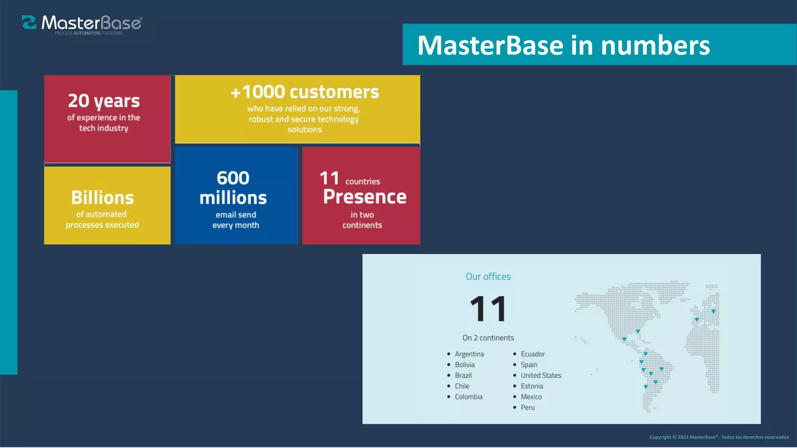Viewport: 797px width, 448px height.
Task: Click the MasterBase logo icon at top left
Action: pos(29,23)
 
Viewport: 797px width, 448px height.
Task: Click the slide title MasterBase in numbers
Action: pos(563,45)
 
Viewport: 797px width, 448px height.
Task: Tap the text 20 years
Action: pos(104,101)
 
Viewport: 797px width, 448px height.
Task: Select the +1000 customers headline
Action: pos(304,93)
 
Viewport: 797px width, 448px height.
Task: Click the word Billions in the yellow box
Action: pos(102,198)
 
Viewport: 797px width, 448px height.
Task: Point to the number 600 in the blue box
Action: pos(233,178)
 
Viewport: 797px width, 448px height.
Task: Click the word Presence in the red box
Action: pos(365,197)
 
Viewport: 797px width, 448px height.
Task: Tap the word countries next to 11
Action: pos(362,182)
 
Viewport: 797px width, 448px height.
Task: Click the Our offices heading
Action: pos(488,276)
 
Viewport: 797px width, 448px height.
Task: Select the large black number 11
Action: pos(488,309)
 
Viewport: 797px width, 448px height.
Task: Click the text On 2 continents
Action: pos(488,338)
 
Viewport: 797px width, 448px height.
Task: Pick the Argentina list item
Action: pos(469,354)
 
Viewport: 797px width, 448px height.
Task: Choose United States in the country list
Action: pos(541,376)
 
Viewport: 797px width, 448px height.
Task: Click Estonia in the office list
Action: pos(532,386)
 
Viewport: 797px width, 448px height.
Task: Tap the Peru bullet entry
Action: pos(527,408)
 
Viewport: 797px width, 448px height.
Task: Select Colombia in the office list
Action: pos(468,397)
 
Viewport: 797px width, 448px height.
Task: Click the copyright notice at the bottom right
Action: pos(719,437)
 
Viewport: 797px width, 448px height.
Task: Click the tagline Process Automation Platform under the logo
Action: pos(88,33)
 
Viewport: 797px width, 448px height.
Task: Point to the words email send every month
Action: pos(236,220)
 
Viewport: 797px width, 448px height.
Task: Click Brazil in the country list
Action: pos(463,376)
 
